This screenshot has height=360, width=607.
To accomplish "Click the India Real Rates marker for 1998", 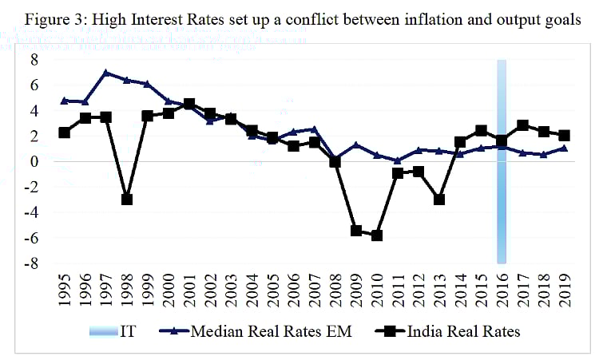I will (x=127, y=199).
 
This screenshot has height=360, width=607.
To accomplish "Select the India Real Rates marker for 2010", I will (x=377, y=235).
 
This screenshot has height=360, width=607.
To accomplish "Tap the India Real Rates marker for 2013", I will (x=439, y=199).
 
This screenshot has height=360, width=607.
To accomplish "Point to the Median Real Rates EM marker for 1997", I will (x=106, y=73).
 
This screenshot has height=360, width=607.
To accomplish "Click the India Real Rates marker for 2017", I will (x=523, y=125).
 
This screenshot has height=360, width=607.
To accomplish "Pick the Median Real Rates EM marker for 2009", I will (x=356, y=144).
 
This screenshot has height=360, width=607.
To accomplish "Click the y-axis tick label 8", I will (x=34, y=59).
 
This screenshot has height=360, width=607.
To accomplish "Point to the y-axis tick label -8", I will (x=31, y=263).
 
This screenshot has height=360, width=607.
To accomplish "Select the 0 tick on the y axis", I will (x=34, y=161).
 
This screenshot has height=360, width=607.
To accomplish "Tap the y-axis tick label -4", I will (x=31, y=212).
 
